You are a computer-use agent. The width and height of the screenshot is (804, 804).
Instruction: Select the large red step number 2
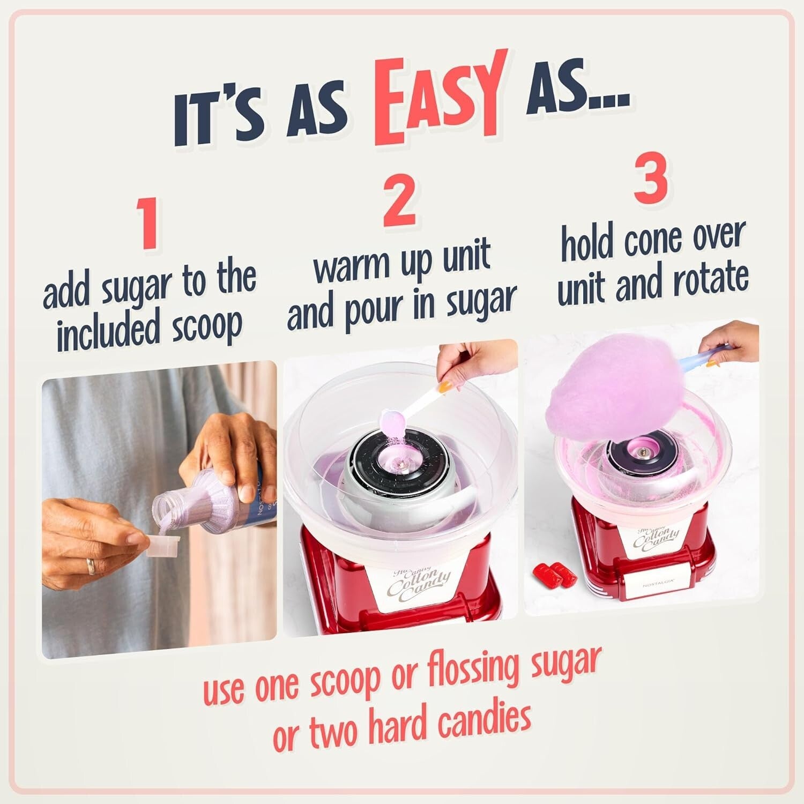pos(399,199)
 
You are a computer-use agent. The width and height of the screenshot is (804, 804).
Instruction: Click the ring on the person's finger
pos(91,566)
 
